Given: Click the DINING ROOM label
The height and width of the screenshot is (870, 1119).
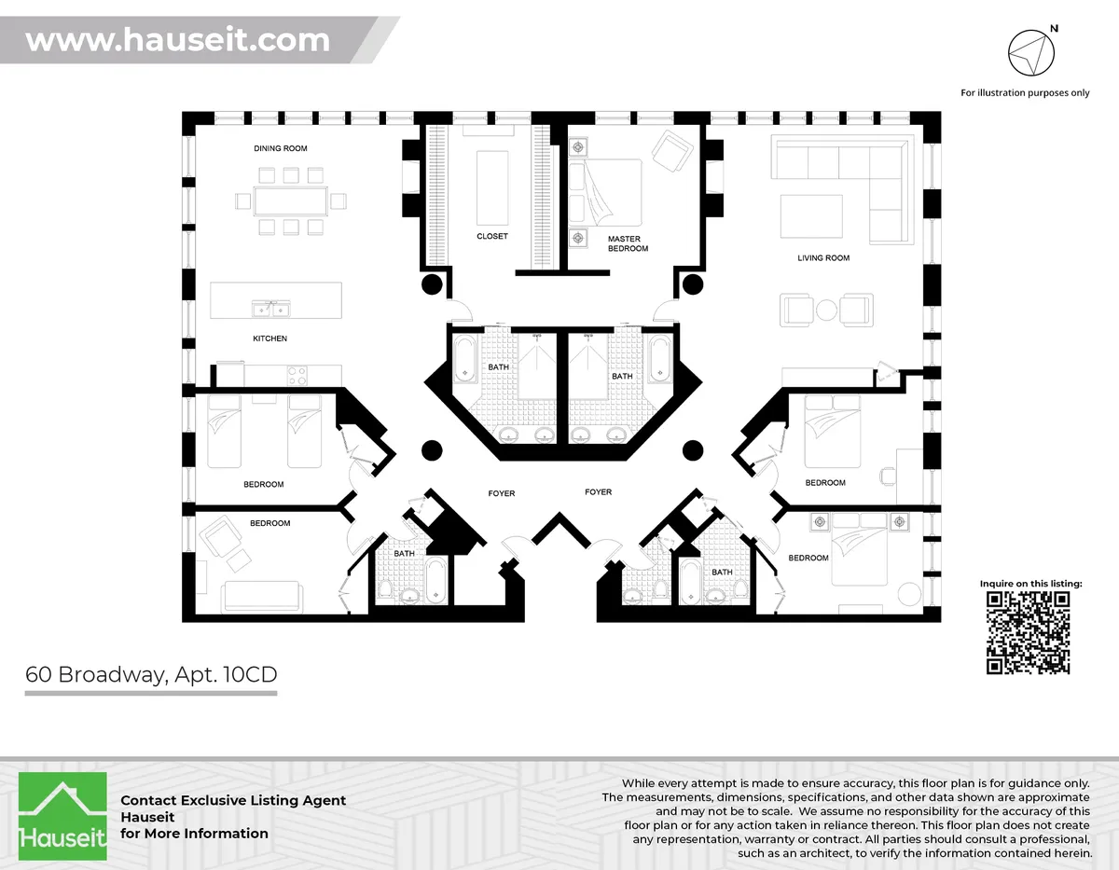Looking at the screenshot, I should point(280,148).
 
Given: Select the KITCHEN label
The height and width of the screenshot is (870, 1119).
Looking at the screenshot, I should point(269,338).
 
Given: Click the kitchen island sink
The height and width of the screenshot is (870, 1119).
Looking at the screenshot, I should point(269,309).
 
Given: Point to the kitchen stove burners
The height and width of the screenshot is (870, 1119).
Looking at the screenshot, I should point(297,376).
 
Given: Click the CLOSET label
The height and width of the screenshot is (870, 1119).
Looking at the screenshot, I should point(491,236).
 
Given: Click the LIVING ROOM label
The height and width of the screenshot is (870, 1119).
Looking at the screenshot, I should point(823,257).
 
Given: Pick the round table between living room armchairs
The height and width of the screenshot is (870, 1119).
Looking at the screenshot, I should point(827,310).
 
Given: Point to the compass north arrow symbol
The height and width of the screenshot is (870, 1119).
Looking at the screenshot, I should point(1030,50).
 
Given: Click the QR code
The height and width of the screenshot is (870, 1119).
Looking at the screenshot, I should point(1029,632).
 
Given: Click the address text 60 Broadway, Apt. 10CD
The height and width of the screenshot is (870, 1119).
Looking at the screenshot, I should point(151,674).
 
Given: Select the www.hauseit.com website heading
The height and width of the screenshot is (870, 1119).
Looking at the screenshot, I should point(177,40).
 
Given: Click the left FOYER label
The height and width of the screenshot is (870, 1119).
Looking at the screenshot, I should point(501,493).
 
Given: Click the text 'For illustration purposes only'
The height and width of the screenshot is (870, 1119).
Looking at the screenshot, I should point(1025,93).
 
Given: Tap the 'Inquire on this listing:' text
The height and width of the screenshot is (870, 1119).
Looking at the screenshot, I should point(1030,584).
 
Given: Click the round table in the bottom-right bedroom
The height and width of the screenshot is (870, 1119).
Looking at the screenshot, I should point(907,596).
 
